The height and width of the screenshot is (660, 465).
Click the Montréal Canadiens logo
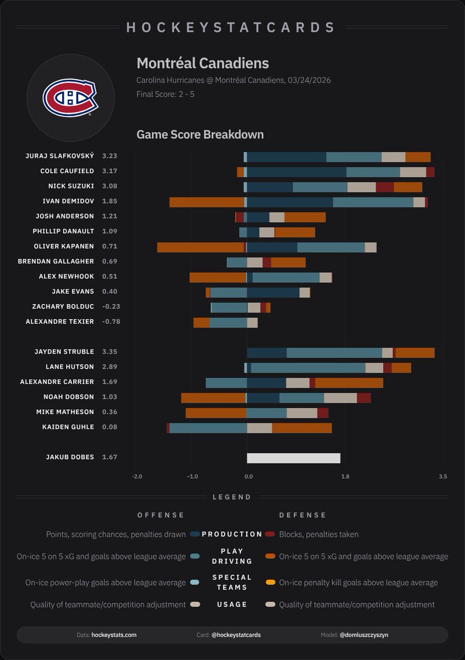(x=70, y=98)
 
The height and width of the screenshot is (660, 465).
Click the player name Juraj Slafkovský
(x=60, y=156)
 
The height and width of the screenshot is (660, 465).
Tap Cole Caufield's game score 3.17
(x=109, y=171)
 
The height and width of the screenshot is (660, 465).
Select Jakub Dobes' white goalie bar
(x=294, y=458)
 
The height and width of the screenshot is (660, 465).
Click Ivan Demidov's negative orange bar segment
(x=207, y=202)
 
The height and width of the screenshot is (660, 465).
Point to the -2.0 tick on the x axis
(x=137, y=476)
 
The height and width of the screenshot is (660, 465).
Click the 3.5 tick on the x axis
(x=442, y=476)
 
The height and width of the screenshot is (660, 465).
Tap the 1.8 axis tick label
(x=345, y=476)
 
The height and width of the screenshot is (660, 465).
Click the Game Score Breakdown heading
(x=200, y=134)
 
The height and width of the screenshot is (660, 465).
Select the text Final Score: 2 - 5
(x=165, y=94)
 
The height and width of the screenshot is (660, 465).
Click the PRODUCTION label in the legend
(x=232, y=534)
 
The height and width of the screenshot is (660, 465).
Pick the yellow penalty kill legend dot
(x=270, y=582)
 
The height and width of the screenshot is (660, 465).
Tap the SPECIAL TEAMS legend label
(x=232, y=582)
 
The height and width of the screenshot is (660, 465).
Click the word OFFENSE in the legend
(x=161, y=515)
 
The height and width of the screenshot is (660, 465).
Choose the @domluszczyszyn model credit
(x=363, y=635)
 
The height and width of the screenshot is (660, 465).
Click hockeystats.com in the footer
(x=114, y=635)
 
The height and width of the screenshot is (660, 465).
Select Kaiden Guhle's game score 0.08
(x=109, y=427)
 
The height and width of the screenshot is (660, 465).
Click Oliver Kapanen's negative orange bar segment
(x=200, y=247)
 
